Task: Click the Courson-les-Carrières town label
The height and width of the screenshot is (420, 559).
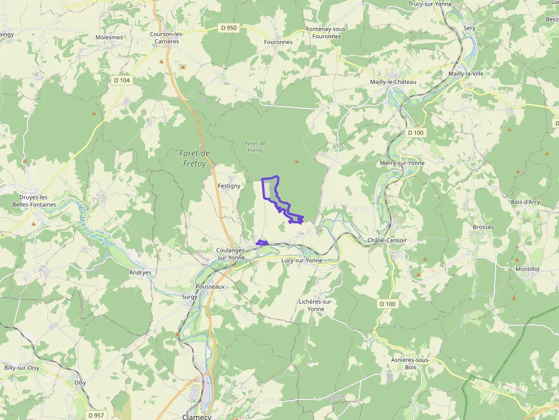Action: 166,38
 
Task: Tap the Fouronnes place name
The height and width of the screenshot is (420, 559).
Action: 278,42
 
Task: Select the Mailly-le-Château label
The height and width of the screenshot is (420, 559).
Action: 393,82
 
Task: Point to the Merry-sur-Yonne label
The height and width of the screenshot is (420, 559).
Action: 402,163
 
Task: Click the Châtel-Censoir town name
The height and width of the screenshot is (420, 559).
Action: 387,240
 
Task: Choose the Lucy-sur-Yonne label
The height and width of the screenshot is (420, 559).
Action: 302,260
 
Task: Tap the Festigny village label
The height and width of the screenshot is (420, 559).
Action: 229,186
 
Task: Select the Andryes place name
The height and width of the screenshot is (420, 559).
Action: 140,272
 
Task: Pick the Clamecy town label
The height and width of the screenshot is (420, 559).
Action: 197,417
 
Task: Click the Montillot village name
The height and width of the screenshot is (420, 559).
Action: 527,269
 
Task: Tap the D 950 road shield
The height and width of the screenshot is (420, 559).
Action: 229,27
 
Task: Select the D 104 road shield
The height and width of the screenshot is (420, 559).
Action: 121,80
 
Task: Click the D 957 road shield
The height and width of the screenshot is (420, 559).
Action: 96,415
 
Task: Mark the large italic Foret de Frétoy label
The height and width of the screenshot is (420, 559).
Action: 195,157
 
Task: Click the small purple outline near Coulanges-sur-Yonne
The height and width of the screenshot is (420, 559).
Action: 262,243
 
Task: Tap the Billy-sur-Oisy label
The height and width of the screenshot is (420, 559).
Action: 22,368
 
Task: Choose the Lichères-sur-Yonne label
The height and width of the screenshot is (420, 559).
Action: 315,305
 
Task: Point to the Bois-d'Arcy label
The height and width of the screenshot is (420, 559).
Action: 525,202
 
